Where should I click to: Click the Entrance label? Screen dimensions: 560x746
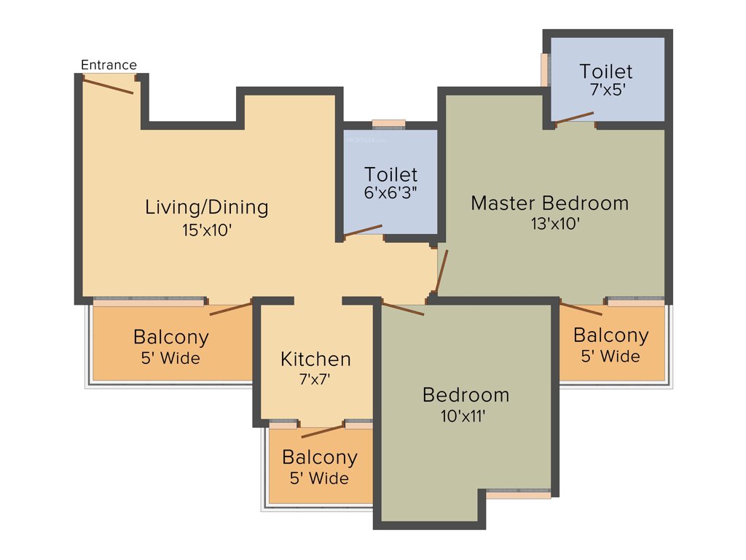tap(109, 65)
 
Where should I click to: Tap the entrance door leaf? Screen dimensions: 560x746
tap(108, 85)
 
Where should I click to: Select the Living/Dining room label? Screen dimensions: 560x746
tap(206, 207)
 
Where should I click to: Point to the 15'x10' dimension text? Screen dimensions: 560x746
tap(206, 230)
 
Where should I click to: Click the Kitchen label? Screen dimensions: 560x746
tap(315, 359)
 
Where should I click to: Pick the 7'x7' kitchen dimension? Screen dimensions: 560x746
tap(315, 378)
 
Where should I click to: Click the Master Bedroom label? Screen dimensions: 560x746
tap(549, 203)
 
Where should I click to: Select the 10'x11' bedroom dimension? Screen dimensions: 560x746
tap(466, 416)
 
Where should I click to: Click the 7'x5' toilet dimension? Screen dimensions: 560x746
tap(605, 91)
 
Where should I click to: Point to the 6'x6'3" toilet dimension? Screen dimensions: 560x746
tap(391, 195)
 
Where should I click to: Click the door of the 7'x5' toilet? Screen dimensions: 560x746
tap(575, 117)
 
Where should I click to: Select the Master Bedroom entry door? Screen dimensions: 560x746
tap(441, 271)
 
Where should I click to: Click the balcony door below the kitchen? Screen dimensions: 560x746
tap(322, 430)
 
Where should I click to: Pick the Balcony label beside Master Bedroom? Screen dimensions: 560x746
tap(610, 335)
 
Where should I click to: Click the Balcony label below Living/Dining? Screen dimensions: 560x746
tap(170, 338)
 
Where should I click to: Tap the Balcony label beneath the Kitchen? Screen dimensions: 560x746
tap(319, 458)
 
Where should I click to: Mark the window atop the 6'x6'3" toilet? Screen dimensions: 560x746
tap(388, 123)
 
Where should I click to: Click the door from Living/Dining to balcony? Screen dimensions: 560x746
tap(231, 307)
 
